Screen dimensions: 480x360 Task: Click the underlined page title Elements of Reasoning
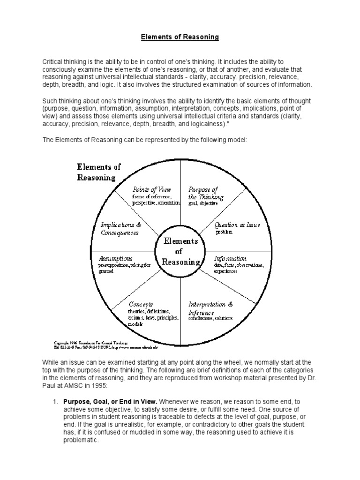[x=180, y=37]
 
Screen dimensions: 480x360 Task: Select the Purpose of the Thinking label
[x=203, y=193]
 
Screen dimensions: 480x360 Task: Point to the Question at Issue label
[x=237, y=225]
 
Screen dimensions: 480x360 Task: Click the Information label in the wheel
[x=230, y=258]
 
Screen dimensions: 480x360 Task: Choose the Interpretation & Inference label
[x=210, y=308]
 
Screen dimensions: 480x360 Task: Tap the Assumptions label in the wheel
[x=115, y=258]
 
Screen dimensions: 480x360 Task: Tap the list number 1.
[x=55, y=401]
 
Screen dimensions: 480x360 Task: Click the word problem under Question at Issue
[x=224, y=232]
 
